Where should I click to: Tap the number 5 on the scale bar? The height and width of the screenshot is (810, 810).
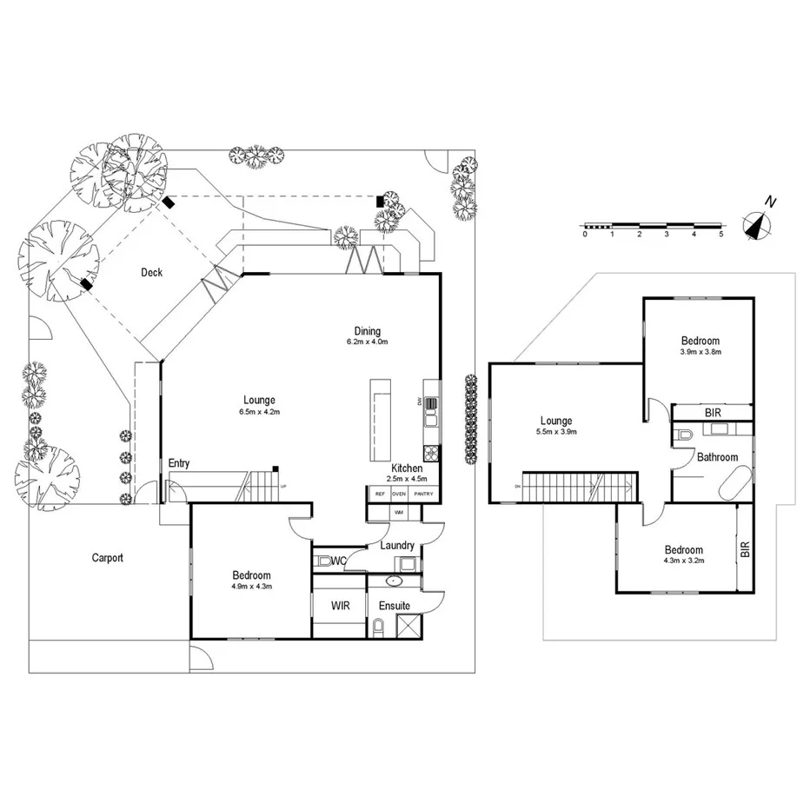pyautogui.click(x=720, y=234)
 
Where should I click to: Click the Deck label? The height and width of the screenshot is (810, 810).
pyautogui.click(x=152, y=273)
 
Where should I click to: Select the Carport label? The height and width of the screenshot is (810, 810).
pyautogui.click(x=108, y=558)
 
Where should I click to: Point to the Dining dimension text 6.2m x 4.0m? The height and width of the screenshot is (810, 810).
pyautogui.click(x=367, y=342)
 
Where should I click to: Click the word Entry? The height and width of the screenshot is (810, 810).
pyautogui.click(x=179, y=464)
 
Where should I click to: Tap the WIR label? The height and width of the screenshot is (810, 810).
pyautogui.click(x=340, y=605)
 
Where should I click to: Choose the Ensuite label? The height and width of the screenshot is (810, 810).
pyautogui.click(x=394, y=605)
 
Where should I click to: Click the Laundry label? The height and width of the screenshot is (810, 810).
pyautogui.click(x=397, y=545)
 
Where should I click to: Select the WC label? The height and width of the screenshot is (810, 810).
pyautogui.click(x=339, y=561)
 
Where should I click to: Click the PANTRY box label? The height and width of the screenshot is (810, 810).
pyautogui.click(x=423, y=495)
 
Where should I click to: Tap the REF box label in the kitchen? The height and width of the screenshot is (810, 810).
pyautogui.click(x=379, y=495)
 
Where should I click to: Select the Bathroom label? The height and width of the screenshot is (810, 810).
pyautogui.click(x=717, y=457)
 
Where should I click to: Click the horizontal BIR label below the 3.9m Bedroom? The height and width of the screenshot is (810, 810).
pyautogui.click(x=712, y=412)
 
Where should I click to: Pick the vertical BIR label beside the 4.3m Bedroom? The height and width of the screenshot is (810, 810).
pyautogui.click(x=744, y=549)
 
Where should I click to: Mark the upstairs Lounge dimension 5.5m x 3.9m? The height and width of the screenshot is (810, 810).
pyautogui.click(x=557, y=431)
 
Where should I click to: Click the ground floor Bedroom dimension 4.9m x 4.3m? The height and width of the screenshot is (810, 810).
pyautogui.click(x=251, y=587)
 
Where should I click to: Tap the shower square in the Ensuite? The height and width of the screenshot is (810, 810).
pyautogui.click(x=408, y=627)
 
